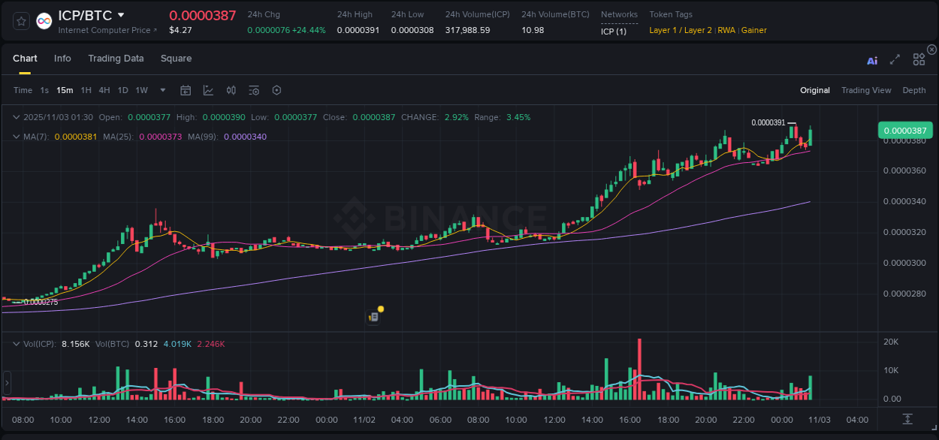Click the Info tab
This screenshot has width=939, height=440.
point(62,59)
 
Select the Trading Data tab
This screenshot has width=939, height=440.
point(116,59)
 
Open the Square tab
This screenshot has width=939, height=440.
point(176,59)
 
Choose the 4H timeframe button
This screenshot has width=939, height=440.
point(104,90)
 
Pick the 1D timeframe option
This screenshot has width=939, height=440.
point(122,90)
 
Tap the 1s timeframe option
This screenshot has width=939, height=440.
point(44,90)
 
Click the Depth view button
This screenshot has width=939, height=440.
point(913,90)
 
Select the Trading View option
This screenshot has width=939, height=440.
point(865,90)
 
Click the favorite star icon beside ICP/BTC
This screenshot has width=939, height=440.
point(22,21)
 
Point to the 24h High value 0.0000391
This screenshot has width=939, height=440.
point(358,30)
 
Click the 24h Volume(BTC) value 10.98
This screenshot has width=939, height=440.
point(533,30)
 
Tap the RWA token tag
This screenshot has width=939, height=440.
point(726,30)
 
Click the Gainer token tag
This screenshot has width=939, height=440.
point(754,30)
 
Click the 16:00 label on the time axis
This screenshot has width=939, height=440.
point(630,420)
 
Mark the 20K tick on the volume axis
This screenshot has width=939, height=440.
point(891,342)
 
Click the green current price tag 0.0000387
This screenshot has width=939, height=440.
point(905,130)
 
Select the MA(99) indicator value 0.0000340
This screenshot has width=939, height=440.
point(245,137)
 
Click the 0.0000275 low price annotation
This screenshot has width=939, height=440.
point(41,302)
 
